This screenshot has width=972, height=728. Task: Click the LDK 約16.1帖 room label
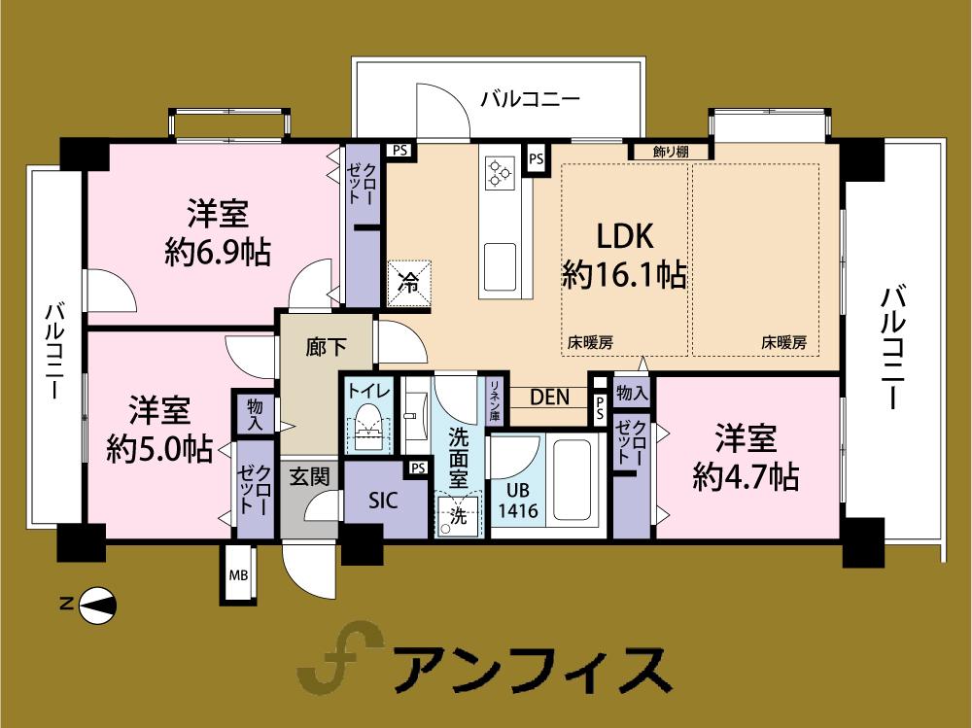pos(624,256)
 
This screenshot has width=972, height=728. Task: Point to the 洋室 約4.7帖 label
pos(746,458)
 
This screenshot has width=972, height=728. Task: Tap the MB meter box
pos(238,575)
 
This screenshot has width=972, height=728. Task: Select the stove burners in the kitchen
pos(500,172)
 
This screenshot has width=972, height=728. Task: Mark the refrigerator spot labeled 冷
pos(409,284)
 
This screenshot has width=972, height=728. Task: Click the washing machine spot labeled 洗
pos(457,516)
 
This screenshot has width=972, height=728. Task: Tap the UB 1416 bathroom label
pos(518,501)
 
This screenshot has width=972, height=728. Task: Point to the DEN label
pos(549,397)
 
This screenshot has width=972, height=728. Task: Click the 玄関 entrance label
pos(309,476)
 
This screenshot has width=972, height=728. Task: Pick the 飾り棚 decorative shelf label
pos(672,152)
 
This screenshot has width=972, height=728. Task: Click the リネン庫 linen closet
pos(495,399)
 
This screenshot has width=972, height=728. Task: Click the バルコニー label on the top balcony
pos(531,99)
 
